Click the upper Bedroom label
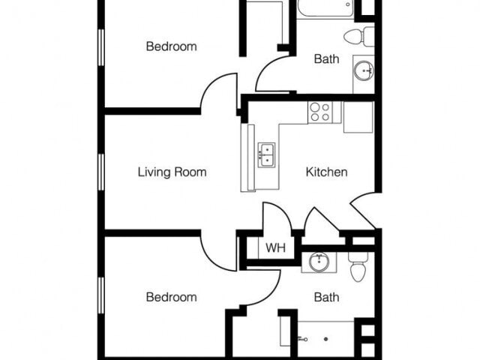[171, 46]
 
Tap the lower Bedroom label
[171, 297]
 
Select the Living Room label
[172, 172]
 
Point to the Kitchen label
[326, 172]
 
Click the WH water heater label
[275, 247]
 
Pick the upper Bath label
[326, 58]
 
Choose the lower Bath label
[326, 297]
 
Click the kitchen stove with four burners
[320, 112]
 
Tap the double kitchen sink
[266, 154]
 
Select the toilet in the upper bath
[359, 35]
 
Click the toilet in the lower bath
[358, 267]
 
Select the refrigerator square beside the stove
[358, 118]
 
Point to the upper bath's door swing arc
[272, 75]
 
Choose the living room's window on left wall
[101, 171]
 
